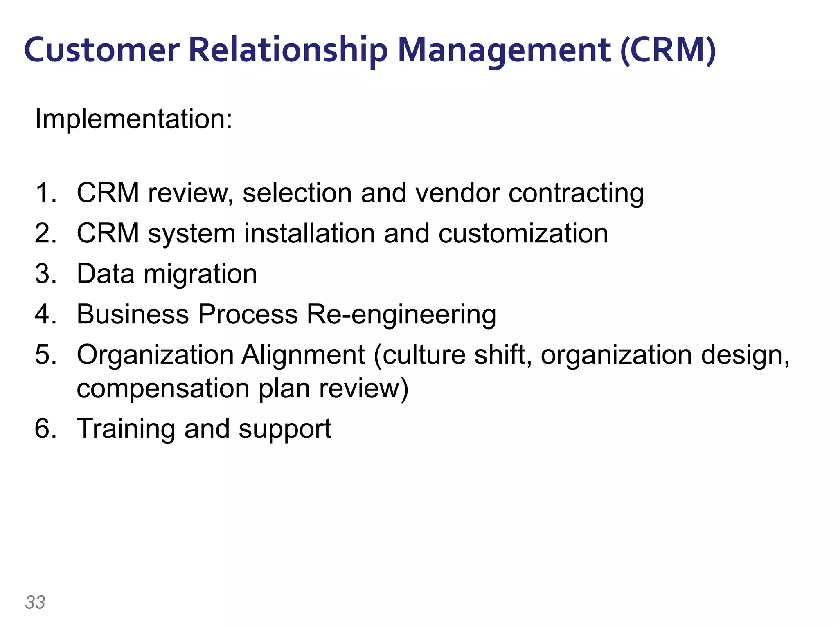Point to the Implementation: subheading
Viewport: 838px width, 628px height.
(134, 119)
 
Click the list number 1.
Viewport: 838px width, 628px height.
(45, 193)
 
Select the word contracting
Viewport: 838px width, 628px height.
(576, 193)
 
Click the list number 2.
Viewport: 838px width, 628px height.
(45, 233)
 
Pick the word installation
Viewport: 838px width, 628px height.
(309, 233)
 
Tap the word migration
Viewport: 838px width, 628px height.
(200, 274)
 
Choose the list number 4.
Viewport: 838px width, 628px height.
(45, 314)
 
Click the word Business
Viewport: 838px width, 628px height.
(133, 314)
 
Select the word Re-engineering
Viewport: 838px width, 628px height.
(401, 314)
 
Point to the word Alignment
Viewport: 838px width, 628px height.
(302, 354)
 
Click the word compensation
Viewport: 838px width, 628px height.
(163, 388)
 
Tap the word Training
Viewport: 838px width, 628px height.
(126, 428)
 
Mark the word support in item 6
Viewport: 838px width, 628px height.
(285, 429)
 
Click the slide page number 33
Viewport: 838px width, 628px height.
(35, 602)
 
